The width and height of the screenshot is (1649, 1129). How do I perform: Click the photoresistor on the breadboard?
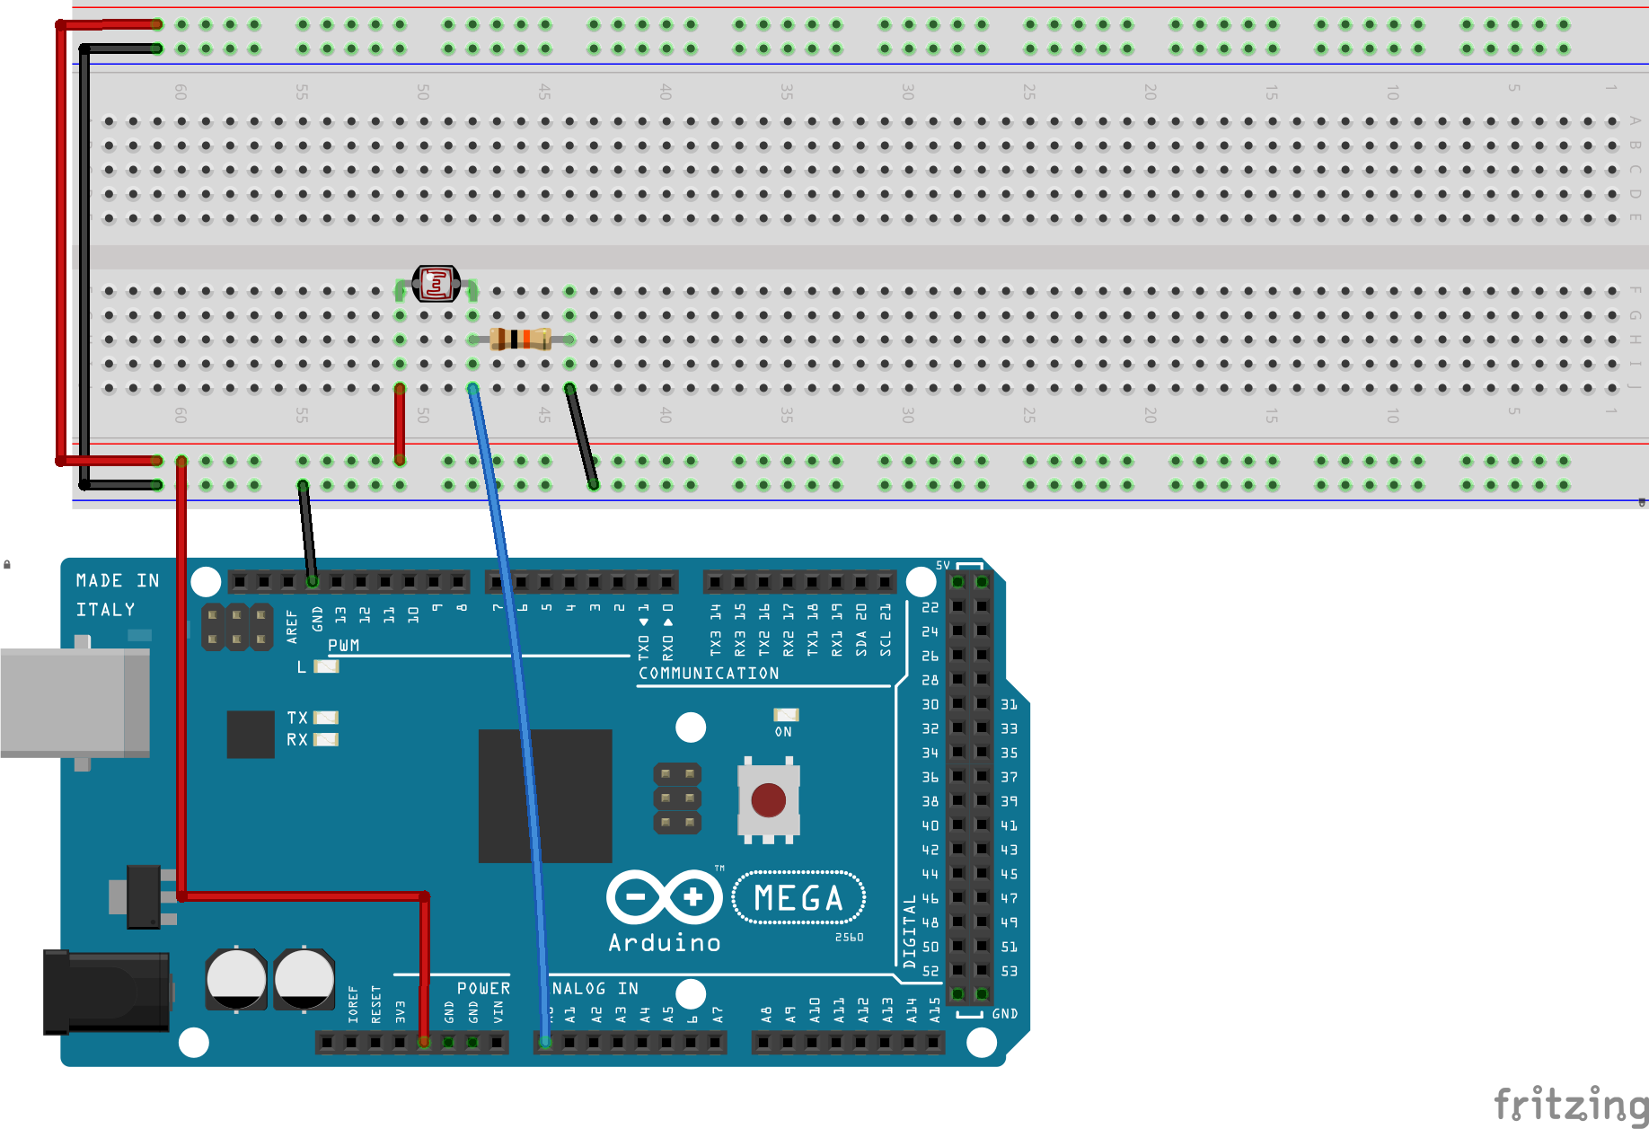436,285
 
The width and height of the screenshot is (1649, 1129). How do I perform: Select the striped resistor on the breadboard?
520,340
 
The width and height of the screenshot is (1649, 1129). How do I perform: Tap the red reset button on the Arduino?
768,800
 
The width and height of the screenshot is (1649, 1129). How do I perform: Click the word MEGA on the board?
798,898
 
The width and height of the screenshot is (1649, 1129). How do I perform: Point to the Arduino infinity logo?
664,896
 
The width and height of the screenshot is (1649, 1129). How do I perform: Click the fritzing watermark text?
1570,1104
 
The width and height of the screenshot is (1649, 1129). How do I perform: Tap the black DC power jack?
106,992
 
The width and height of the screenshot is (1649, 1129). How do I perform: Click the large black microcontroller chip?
545,796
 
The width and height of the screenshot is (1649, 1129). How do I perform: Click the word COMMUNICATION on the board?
709,674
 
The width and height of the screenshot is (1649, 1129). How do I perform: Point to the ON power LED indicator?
786,715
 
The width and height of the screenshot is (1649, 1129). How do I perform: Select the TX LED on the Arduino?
325,718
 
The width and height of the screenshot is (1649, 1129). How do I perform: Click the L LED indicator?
326,666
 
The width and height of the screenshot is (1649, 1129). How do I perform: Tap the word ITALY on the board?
105,610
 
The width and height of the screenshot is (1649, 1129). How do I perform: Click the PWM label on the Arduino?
344,646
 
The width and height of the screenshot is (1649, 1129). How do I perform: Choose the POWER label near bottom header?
483,988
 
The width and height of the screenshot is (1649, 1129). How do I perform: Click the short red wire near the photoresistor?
400,424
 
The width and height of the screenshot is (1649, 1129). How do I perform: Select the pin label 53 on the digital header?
1009,971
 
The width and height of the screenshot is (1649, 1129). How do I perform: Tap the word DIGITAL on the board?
910,931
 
